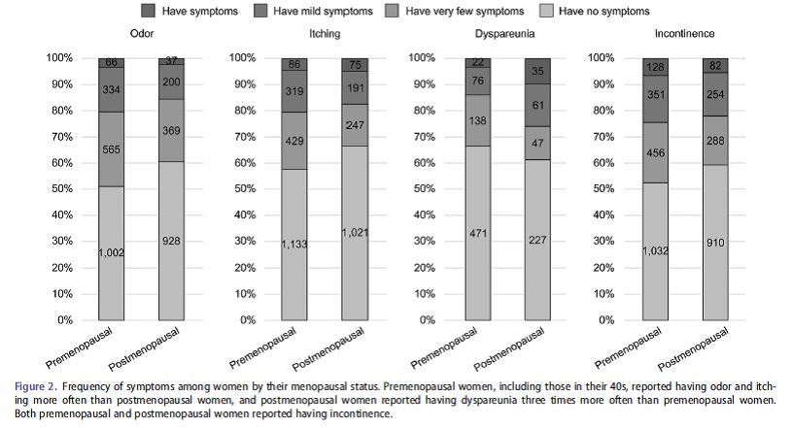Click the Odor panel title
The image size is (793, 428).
[142, 34]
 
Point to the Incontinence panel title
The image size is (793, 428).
[694, 34]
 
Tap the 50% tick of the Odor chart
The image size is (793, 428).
[57, 188]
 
